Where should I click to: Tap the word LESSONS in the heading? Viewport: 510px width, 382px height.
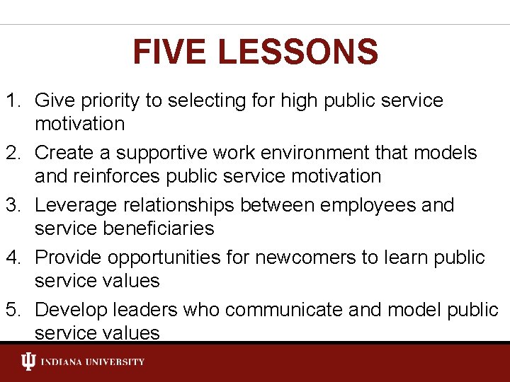point(297,52)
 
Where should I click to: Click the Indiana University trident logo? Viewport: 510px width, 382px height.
point(28,362)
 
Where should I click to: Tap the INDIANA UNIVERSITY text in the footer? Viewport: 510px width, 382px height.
point(92,362)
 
